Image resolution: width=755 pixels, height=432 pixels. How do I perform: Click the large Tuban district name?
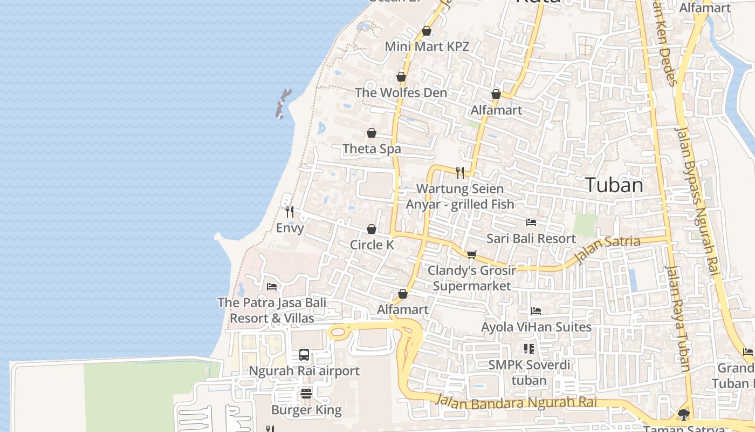[x=614, y=185]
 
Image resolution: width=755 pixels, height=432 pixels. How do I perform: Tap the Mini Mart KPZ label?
[x=427, y=46]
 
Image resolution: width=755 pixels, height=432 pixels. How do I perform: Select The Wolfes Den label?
[x=401, y=92]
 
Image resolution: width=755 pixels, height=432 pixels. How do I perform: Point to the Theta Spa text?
[x=372, y=148]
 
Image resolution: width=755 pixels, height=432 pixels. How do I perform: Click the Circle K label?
[x=372, y=245]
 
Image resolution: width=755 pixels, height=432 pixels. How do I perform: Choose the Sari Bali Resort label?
[x=531, y=238]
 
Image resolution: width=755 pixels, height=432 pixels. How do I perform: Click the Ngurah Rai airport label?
[x=304, y=371]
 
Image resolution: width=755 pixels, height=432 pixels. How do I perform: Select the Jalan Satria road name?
[x=607, y=250]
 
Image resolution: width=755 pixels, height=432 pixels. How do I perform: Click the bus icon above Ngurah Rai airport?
[x=304, y=355]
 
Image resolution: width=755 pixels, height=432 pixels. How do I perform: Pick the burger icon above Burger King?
[x=306, y=394]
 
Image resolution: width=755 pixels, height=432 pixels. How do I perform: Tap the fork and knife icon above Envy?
[x=290, y=211]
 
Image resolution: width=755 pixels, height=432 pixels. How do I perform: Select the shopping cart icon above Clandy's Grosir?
[x=472, y=254]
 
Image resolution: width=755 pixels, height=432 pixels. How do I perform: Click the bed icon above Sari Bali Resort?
[x=531, y=222]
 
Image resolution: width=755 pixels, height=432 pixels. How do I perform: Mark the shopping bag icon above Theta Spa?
[x=372, y=133]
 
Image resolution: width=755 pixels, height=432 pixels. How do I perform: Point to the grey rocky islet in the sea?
[x=283, y=103]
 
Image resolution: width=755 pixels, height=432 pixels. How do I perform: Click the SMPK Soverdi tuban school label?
[x=529, y=373]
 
